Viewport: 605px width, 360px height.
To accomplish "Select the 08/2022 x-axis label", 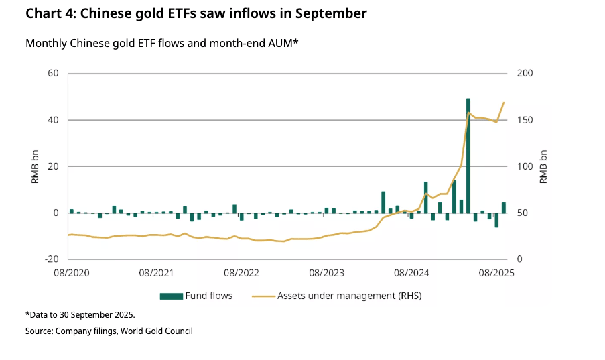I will [241, 272].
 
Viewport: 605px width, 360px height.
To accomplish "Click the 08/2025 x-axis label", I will [496, 272].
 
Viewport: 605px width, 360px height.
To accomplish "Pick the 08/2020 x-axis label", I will [70, 272].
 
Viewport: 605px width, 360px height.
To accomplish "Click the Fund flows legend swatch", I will [172, 296].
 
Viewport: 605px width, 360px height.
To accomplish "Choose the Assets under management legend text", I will [349, 296].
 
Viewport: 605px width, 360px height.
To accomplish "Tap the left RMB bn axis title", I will [35, 166].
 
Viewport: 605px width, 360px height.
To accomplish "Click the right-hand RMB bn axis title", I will [545, 166].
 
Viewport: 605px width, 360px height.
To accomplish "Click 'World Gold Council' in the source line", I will [156, 331].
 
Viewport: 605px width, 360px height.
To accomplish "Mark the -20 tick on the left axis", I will [52, 259].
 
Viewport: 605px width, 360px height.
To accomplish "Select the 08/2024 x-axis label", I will [411, 272].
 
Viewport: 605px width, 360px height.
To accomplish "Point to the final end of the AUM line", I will [504, 103].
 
